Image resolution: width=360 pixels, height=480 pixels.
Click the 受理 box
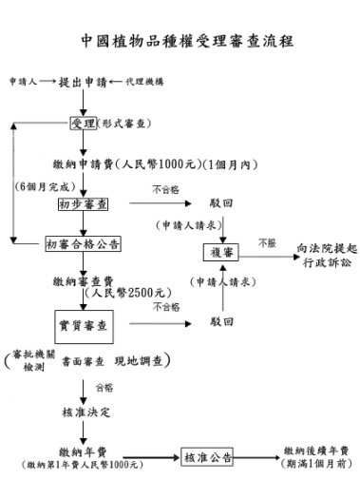(83, 124)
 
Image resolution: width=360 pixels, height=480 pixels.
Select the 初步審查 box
(83, 202)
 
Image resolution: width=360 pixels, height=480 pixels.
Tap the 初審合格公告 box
(83, 244)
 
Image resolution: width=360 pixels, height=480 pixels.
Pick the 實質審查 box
(82, 326)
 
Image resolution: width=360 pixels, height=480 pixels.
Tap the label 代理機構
(143, 83)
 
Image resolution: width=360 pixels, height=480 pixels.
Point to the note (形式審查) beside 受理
(124, 124)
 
